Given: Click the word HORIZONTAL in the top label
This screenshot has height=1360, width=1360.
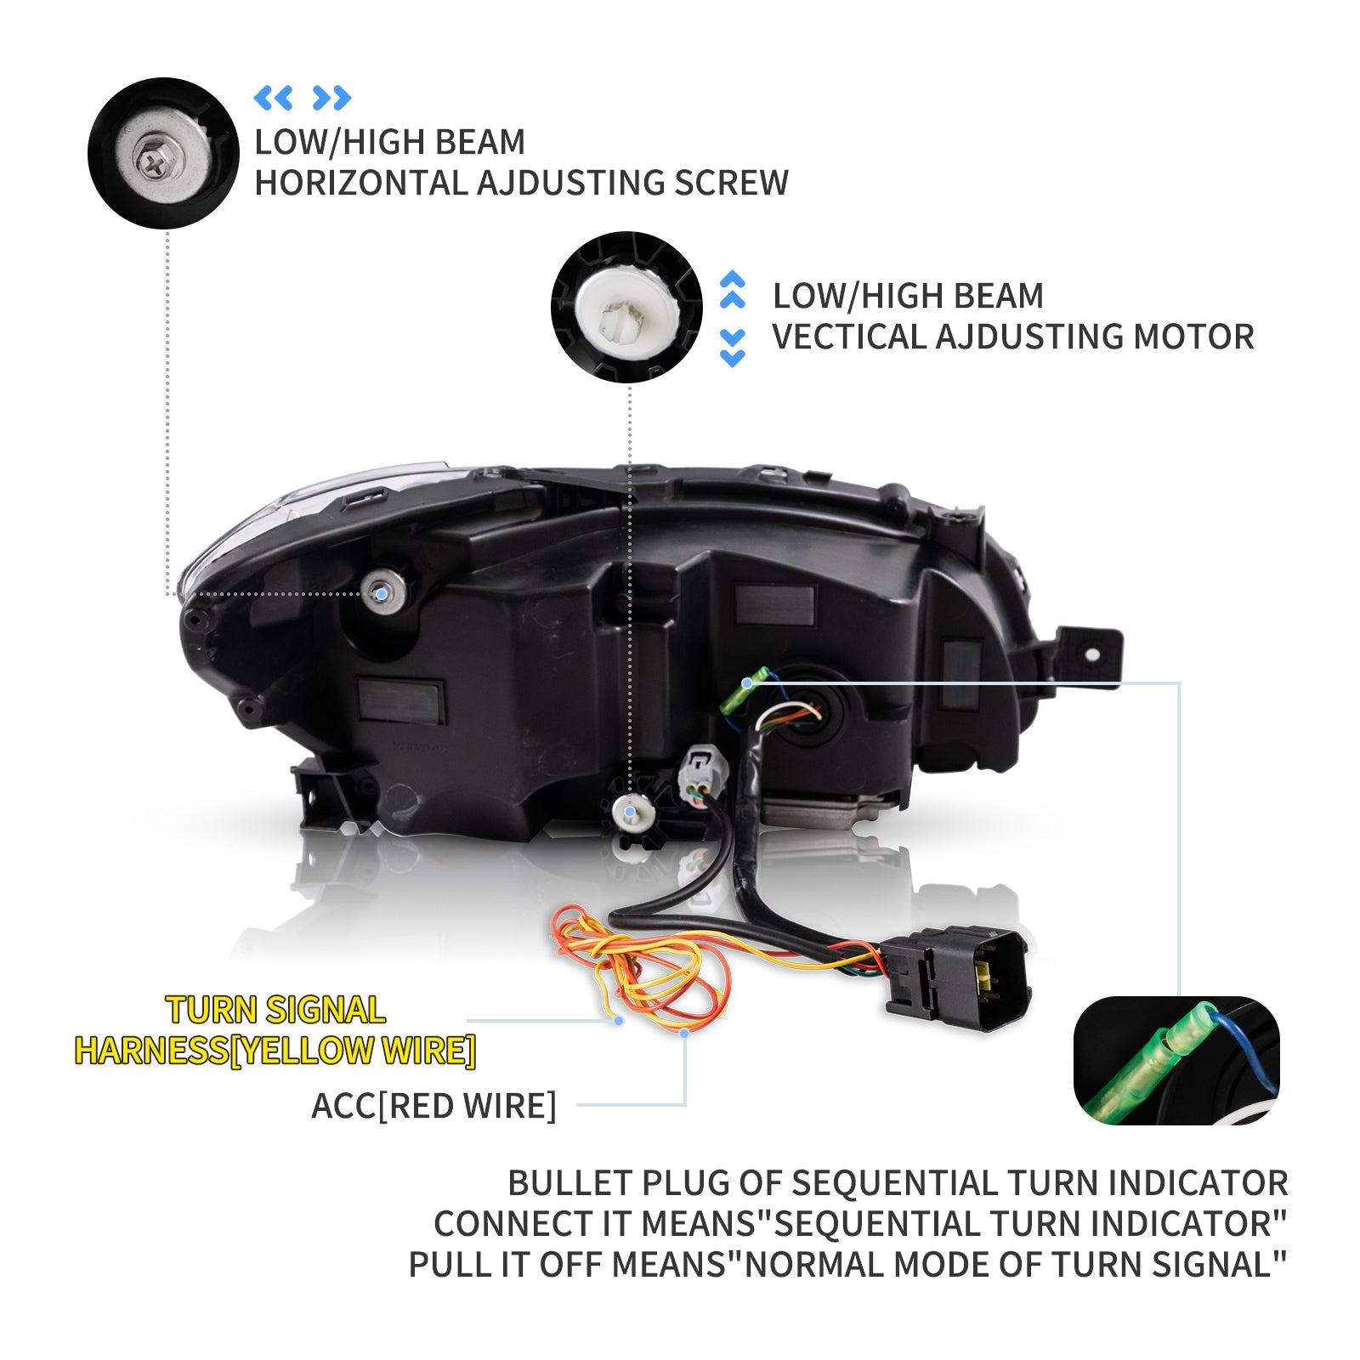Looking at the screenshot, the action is [361, 184].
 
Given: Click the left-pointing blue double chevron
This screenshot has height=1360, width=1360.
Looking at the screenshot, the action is [273, 98].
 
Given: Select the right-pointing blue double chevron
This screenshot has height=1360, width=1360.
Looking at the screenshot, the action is [331, 98].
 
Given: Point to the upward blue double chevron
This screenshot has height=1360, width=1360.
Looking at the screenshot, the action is [733, 290].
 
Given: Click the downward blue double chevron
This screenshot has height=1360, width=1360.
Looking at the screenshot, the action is [733, 348].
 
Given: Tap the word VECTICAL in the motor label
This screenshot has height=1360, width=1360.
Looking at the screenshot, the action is [849, 337].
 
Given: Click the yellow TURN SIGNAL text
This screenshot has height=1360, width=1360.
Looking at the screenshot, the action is [276, 1010].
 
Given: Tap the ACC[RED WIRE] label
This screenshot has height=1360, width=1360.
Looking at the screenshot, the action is [433, 1106].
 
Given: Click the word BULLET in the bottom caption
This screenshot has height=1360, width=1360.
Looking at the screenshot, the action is [569, 1183].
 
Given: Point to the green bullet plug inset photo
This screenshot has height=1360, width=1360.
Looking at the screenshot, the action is [1176, 1060].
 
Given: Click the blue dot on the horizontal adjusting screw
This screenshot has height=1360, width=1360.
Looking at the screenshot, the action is [382, 592].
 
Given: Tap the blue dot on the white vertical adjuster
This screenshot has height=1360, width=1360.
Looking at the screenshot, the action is [629, 813].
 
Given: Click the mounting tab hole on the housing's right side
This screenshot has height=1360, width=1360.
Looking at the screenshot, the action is [1092, 654].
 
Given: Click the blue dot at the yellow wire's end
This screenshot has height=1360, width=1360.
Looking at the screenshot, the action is [619, 1020].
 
